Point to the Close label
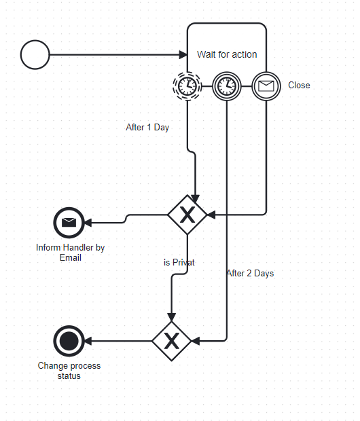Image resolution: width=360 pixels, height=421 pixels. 299,86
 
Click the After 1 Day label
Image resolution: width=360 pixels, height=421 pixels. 147,127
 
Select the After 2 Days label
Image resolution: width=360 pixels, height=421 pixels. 251,274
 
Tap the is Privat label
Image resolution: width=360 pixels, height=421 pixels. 179,262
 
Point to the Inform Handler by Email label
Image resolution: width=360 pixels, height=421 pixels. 71,253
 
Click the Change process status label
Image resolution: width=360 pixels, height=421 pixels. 69,371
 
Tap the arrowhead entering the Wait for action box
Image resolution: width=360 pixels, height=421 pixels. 183,55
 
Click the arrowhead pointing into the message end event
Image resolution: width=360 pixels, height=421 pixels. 88,223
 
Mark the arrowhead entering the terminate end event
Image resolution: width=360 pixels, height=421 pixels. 88,342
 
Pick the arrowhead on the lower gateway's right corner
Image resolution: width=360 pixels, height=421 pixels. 196,342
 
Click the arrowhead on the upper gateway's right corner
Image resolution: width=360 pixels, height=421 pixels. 211,215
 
